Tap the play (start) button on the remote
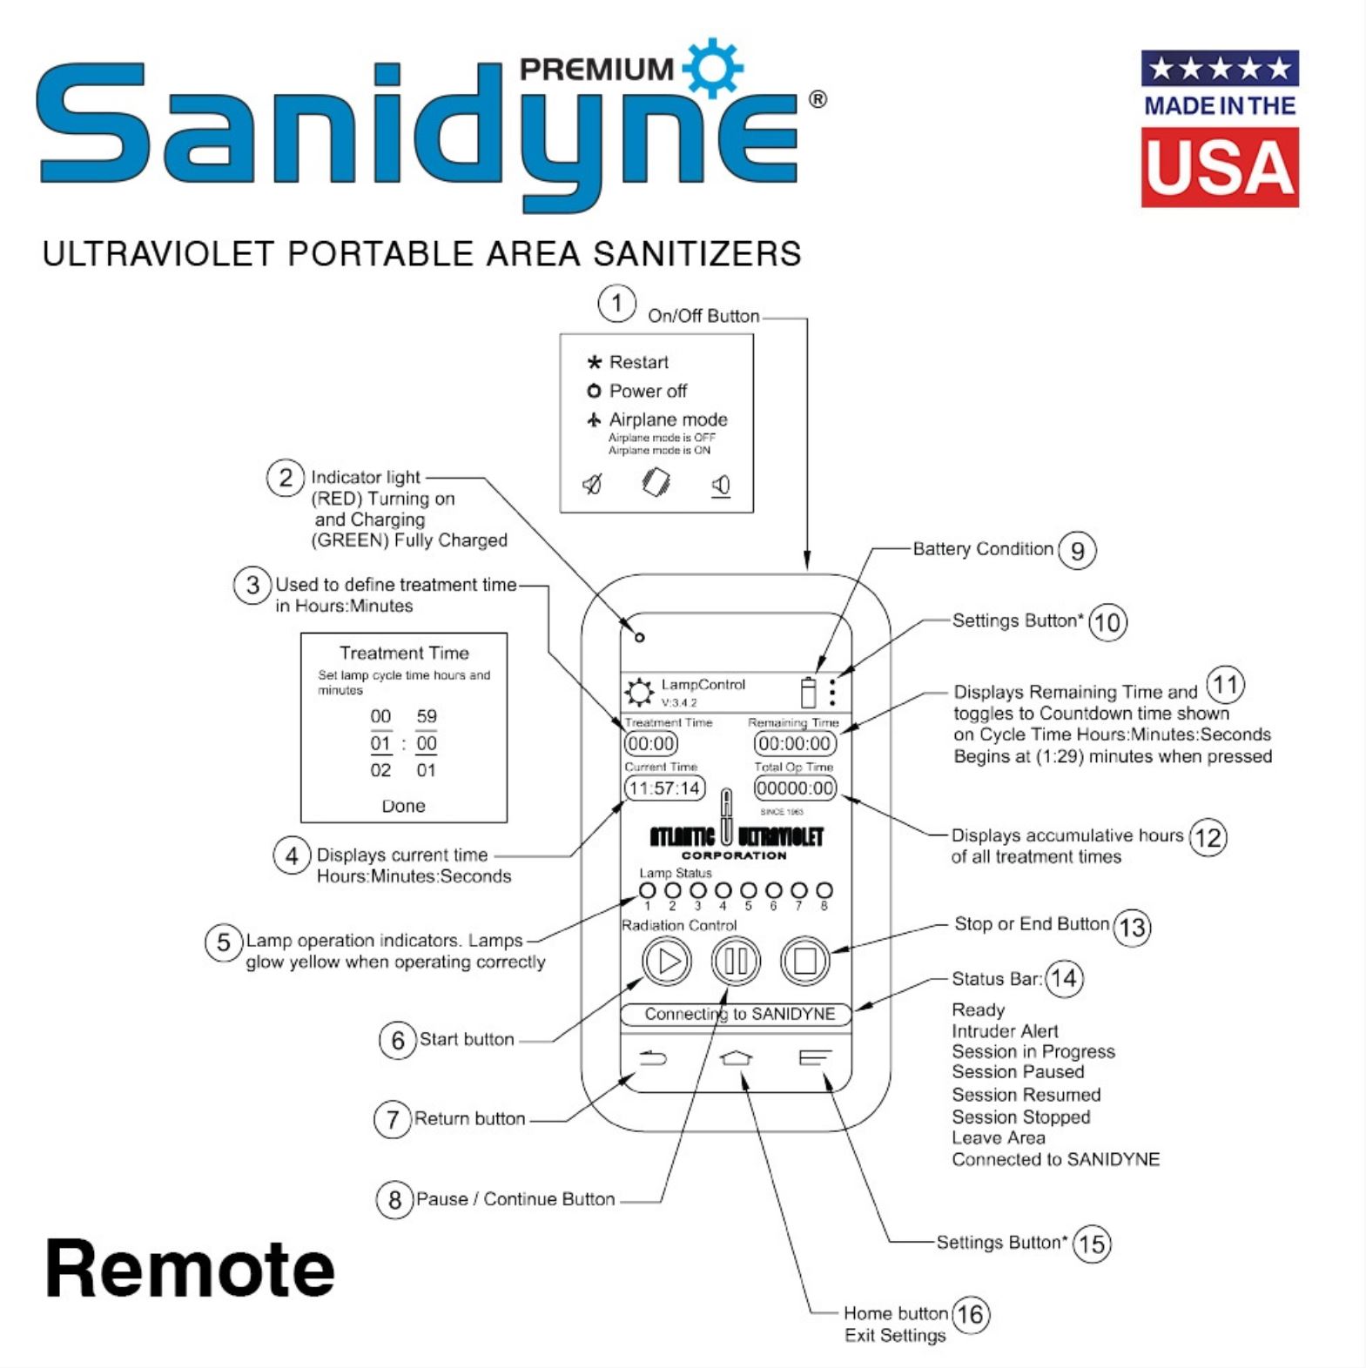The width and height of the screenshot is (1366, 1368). pyautogui.click(x=667, y=961)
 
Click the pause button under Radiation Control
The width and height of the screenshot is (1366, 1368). pyautogui.click(x=736, y=961)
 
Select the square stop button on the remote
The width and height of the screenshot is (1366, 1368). pyautogui.click(x=804, y=961)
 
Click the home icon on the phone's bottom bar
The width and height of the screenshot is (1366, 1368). pyautogui.click(x=737, y=1057)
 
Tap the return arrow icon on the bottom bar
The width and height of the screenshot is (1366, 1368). pyautogui.click(x=653, y=1057)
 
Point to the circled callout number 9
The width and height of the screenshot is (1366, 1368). pyautogui.click(x=1077, y=551)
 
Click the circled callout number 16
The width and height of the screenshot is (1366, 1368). pyautogui.click(x=971, y=1314)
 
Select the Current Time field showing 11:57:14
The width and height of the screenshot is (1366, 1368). pyautogui.click(x=665, y=788)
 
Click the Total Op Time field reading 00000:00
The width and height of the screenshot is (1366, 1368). pyautogui.click(x=795, y=788)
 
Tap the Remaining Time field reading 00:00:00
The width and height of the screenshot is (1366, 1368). pyautogui.click(x=795, y=744)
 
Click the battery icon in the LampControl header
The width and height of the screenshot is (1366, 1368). pyautogui.click(x=808, y=693)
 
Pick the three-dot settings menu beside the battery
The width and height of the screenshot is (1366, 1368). pyautogui.click(x=833, y=693)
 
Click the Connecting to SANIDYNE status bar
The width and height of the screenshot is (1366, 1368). pyautogui.click(x=736, y=1014)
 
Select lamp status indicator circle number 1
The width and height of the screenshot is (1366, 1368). pyautogui.click(x=647, y=890)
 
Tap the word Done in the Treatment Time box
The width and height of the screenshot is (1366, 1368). pyautogui.click(x=403, y=806)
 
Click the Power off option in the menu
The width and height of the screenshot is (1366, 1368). pyautogui.click(x=648, y=391)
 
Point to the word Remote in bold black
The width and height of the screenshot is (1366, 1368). pyautogui.click(x=190, y=1269)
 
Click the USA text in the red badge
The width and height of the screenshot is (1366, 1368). pyautogui.click(x=1220, y=168)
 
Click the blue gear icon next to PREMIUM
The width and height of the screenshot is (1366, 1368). pyautogui.click(x=713, y=67)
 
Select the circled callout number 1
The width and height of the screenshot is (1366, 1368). pyautogui.click(x=616, y=304)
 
